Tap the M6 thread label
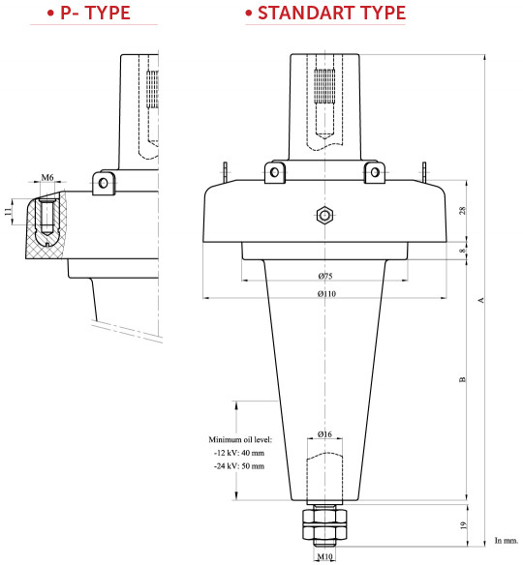[x=47, y=179]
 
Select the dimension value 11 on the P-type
[x=8, y=211]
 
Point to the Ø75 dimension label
[x=325, y=279]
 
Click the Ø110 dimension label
[x=325, y=294]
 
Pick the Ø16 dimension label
[x=325, y=435]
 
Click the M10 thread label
[x=324, y=558]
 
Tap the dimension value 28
[x=463, y=211]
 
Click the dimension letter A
[x=481, y=300]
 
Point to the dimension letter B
[x=463, y=379]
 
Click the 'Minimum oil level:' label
[x=242, y=438]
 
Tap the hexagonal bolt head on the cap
[x=325, y=215]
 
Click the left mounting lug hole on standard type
[x=276, y=172]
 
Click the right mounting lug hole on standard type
[x=373, y=172]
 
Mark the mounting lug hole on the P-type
[x=104, y=181]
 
